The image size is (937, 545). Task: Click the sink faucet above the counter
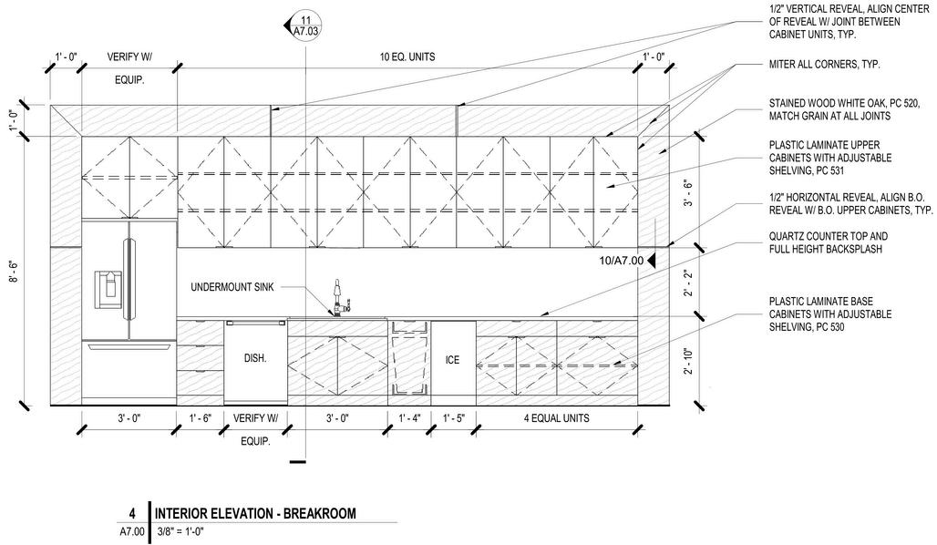(337, 298)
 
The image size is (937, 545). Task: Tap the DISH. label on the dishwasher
(255, 359)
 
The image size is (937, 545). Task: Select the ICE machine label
(452, 360)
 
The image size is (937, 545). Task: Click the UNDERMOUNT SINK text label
(232, 288)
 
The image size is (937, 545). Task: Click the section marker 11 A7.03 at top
(304, 26)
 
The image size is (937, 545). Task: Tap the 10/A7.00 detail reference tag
(622, 260)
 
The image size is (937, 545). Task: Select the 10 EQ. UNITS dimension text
(407, 57)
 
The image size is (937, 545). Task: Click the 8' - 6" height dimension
(14, 271)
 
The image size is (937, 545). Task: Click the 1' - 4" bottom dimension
(408, 418)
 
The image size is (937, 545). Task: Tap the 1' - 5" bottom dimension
(454, 418)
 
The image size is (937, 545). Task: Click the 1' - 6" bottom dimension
(200, 418)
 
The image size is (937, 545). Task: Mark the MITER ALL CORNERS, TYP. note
(825, 66)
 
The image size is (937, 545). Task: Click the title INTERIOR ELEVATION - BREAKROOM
(255, 514)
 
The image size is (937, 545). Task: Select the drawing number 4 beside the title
(132, 514)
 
